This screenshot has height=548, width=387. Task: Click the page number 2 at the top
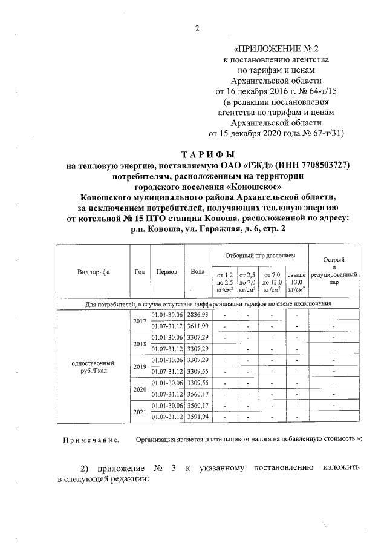197,27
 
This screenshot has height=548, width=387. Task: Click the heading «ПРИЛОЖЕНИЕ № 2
284,49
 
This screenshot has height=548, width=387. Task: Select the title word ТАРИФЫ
208,154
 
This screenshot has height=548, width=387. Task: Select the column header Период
166,272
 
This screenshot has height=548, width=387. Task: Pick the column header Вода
197,272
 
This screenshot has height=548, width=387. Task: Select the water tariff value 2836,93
198,315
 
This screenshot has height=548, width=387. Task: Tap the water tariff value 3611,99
198,326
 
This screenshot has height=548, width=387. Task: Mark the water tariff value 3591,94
198,417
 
